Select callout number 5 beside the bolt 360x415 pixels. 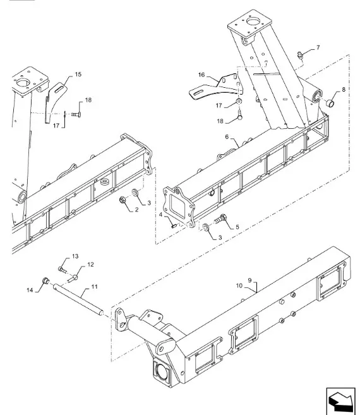(237, 226)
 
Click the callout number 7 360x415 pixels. (318, 47)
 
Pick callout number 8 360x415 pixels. (343, 90)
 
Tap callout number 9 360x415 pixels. (249, 280)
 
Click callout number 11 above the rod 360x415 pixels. (94, 287)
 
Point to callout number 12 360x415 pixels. (90, 265)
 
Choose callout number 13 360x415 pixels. (75, 256)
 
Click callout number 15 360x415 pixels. (78, 75)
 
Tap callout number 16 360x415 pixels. (201, 75)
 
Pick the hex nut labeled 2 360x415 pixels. (121, 201)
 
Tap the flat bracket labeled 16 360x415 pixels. (212, 88)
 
